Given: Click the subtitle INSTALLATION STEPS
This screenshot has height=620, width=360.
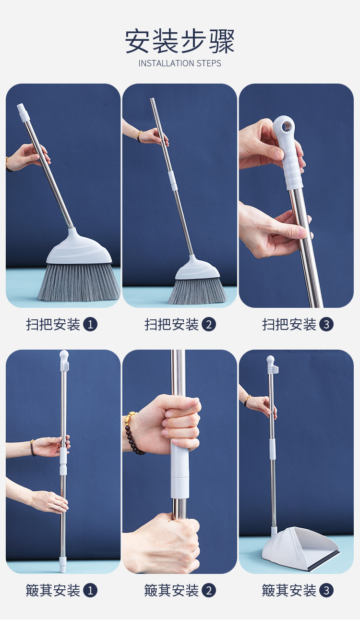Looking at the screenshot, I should (x=180, y=63).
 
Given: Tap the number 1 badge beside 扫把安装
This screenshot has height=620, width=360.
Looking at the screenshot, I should (x=90, y=324).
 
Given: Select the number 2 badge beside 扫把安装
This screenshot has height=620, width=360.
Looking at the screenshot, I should (x=209, y=324).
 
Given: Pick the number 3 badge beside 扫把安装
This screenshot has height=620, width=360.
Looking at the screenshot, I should (x=326, y=324).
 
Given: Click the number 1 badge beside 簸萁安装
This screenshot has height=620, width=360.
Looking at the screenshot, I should (x=90, y=590).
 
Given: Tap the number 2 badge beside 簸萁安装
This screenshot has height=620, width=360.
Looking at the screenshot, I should (x=209, y=590).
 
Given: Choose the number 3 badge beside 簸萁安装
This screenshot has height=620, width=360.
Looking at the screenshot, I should (x=326, y=590).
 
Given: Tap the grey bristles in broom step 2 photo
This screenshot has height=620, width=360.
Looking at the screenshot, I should (x=197, y=291).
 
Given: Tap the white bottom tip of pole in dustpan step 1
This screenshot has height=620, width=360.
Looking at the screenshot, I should (x=63, y=564).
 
